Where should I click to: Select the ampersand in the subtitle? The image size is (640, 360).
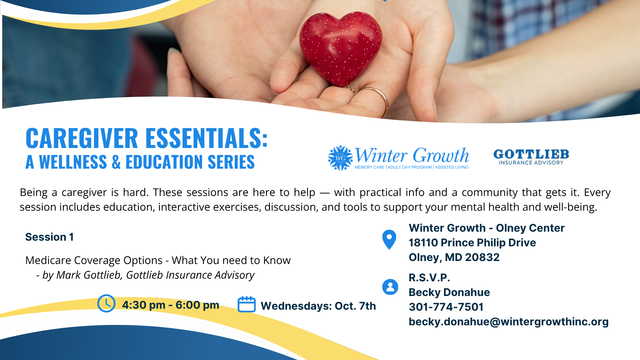point(116,162)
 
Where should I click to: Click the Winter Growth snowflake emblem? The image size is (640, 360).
point(340,158)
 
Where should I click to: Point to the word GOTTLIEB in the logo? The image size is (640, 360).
point(531,154)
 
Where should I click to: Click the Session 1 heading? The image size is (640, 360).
point(49,237)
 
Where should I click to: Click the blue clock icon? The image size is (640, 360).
point(106,303)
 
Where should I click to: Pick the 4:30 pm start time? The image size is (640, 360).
point(144,305)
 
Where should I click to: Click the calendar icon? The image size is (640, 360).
point(247,304)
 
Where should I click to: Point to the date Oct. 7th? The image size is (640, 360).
point(355,306)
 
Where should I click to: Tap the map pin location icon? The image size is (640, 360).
point(389,239)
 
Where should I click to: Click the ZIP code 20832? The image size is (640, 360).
point(482,257)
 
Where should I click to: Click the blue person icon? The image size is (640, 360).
point(390,287)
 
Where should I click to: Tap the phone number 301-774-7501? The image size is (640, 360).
point(446,307)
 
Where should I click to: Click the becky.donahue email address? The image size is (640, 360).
point(509,322)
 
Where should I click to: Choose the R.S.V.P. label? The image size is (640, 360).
point(429,278)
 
